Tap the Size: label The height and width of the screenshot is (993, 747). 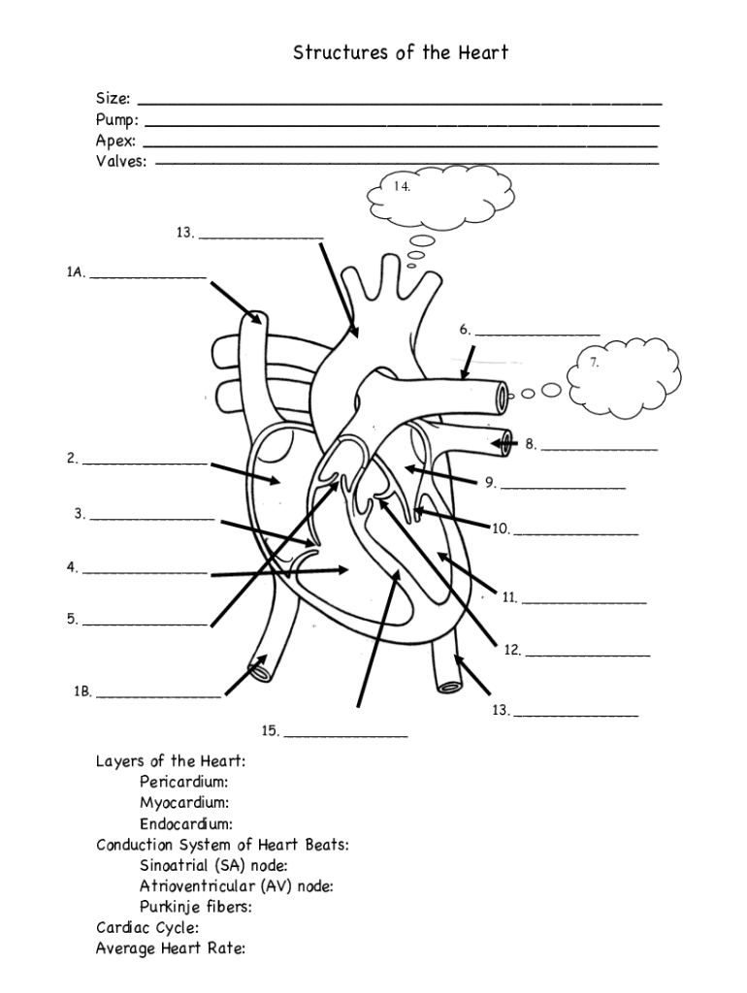(113, 99)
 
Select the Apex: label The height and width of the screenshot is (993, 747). (115, 141)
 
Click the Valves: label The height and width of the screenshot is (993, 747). (121, 162)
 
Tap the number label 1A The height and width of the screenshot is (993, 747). (76, 273)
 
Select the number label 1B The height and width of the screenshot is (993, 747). (82, 692)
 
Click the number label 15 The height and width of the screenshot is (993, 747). (270, 731)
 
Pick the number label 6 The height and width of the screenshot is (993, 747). (466, 330)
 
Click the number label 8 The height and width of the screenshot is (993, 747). (531, 445)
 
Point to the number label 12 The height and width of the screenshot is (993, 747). (512, 651)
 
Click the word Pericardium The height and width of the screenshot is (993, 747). (184, 782)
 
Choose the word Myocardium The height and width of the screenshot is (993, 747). (184, 803)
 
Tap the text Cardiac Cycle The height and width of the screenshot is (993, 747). (147, 928)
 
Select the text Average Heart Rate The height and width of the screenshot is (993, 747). (170, 948)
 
